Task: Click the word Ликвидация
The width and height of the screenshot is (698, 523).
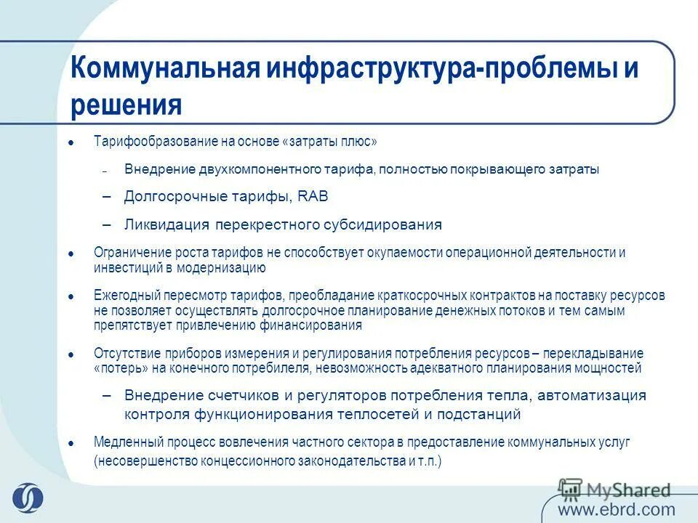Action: point(167,224)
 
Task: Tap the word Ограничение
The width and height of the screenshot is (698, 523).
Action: point(127,253)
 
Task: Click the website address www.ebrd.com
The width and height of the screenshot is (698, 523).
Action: point(617,509)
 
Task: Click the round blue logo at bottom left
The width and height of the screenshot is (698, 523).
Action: point(27,498)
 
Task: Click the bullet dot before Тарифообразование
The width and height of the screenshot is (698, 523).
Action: point(71,142)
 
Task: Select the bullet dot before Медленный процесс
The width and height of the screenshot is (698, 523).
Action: point(71,442)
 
